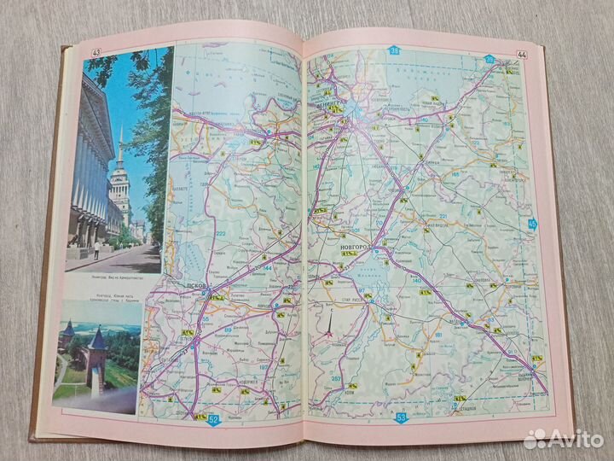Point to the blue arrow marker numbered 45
point(534,224)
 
